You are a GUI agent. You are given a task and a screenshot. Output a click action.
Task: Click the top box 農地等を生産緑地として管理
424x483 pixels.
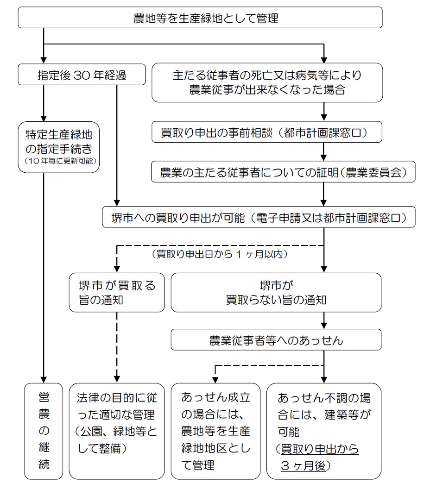click(200, 19)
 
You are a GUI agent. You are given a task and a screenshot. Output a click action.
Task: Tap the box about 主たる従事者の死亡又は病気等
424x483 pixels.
click(267, 82)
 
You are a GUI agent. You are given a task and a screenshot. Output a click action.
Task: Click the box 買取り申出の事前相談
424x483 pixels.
click(267, 133)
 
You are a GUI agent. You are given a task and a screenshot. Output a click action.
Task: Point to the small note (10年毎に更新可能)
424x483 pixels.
click(59, 162)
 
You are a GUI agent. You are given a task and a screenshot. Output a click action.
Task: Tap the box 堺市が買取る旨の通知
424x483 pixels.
click(117, 292)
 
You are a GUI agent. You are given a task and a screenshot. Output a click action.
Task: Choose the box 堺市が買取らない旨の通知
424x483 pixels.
click(276, 292)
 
